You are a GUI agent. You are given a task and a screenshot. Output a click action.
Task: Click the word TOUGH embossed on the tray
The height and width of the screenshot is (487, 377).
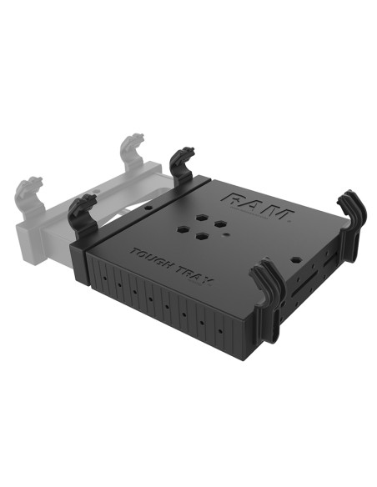point(149,255)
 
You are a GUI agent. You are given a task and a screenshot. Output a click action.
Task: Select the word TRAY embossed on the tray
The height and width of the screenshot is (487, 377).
point(191,269)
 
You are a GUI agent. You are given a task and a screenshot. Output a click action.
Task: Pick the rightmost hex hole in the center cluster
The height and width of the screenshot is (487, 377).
point(219,226)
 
